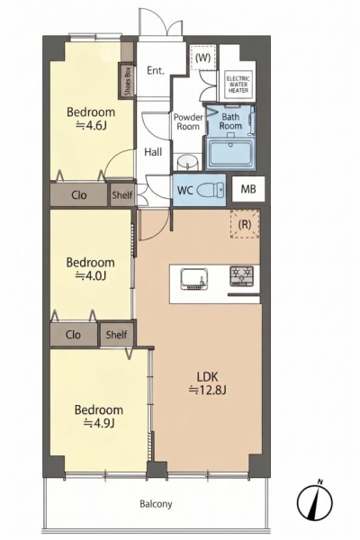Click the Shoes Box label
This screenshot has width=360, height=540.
click(128, 81)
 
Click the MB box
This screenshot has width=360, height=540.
click(248, 189)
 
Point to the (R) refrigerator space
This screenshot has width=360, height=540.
click(245, 224)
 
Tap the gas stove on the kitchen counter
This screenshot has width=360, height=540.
click(241, 276)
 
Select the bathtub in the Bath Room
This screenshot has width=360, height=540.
click(231, 153)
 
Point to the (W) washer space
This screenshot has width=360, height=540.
click(202, 58)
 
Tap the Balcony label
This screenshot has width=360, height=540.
click(156, 505)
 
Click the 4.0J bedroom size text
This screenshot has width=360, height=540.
click(90, 275)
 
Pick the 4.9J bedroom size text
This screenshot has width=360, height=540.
click(99, 423)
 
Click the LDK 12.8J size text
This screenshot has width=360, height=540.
click(207, 390)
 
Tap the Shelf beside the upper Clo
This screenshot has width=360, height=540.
click(122, 195)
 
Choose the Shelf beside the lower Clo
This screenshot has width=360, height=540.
click(116, 335)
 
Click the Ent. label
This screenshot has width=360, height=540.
click(156, 70)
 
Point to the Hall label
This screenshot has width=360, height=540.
click(153, 152)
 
